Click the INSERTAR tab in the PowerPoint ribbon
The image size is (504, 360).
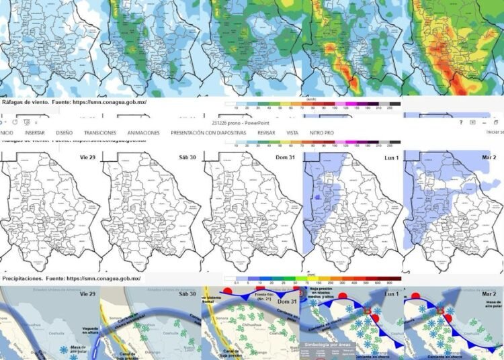pyautogui.click(x=35, y=133)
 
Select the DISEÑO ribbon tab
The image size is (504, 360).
pyautogui.click(x=65, y=133)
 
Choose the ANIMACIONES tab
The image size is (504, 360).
pyautogui.click(x=144, y=133)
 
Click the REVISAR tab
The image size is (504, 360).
pyautogui.click(x=266, y=133)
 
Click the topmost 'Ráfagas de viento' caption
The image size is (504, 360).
pyautogui.click(x=75, y=102)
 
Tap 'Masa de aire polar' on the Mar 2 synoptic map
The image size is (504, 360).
pyautogui.click(x=485, y=309)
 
